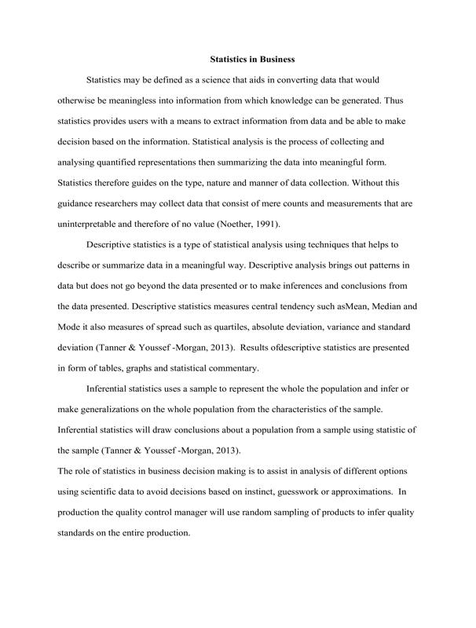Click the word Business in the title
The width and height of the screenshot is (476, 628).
(274, 59)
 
